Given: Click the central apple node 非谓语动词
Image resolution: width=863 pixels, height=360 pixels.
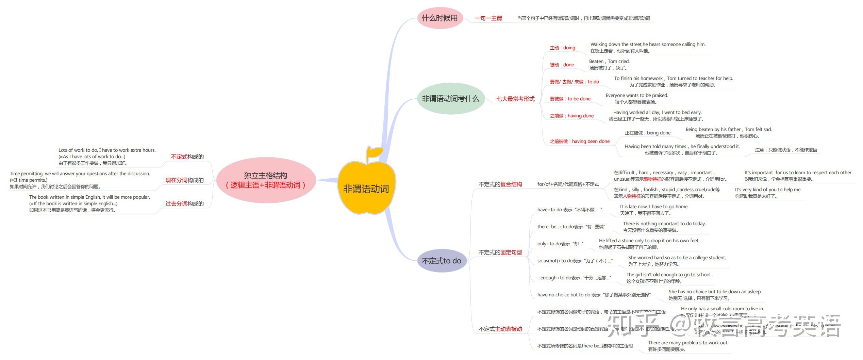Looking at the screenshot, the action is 366,189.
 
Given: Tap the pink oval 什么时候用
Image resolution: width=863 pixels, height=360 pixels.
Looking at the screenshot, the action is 440,18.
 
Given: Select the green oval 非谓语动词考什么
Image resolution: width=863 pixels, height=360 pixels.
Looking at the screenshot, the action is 450,99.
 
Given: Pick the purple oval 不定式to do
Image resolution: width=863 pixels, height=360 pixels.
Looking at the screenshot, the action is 442,261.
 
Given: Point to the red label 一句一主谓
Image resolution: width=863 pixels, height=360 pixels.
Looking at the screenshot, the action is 488,18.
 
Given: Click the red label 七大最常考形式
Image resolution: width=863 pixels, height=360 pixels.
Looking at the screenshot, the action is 515,99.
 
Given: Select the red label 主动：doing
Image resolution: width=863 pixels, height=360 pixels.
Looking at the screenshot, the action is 562,48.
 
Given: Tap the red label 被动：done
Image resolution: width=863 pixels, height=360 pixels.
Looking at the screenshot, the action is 562,65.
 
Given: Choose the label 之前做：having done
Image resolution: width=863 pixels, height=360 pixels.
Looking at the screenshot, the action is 571,116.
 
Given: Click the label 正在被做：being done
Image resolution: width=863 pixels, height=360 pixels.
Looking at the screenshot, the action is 647,133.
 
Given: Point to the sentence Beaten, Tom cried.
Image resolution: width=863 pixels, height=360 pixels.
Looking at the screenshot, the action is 609,62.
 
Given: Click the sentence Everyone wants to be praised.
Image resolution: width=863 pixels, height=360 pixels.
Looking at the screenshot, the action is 637,96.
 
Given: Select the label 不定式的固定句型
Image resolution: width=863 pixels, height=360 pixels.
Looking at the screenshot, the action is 500,252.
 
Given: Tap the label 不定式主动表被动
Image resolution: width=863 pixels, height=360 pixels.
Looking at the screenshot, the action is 500,329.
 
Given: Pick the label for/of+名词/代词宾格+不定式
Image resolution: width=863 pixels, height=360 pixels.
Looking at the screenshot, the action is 568,184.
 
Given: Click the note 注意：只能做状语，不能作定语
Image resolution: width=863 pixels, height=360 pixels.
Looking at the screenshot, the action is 786,150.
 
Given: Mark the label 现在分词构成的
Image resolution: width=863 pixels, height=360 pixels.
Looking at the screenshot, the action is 184,180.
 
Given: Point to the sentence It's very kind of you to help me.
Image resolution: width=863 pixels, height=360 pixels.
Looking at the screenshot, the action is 768,190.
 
